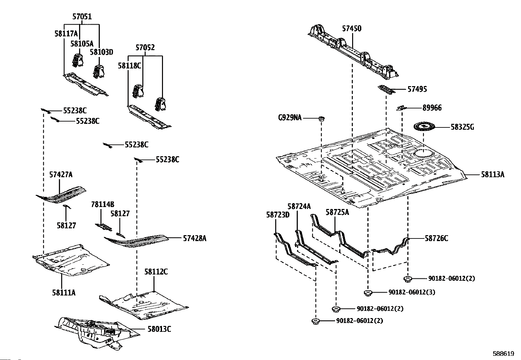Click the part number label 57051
82,16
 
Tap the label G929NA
290,118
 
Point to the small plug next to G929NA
321,118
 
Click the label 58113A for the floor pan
493,175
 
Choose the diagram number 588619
504,354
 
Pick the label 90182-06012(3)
412,292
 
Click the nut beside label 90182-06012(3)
368,293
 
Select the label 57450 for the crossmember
352,28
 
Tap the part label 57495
417,89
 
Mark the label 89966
432,108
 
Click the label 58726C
436,238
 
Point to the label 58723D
278,215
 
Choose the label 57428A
194,238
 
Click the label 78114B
102,205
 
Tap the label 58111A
63,292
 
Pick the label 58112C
156,272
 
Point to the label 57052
145,47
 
